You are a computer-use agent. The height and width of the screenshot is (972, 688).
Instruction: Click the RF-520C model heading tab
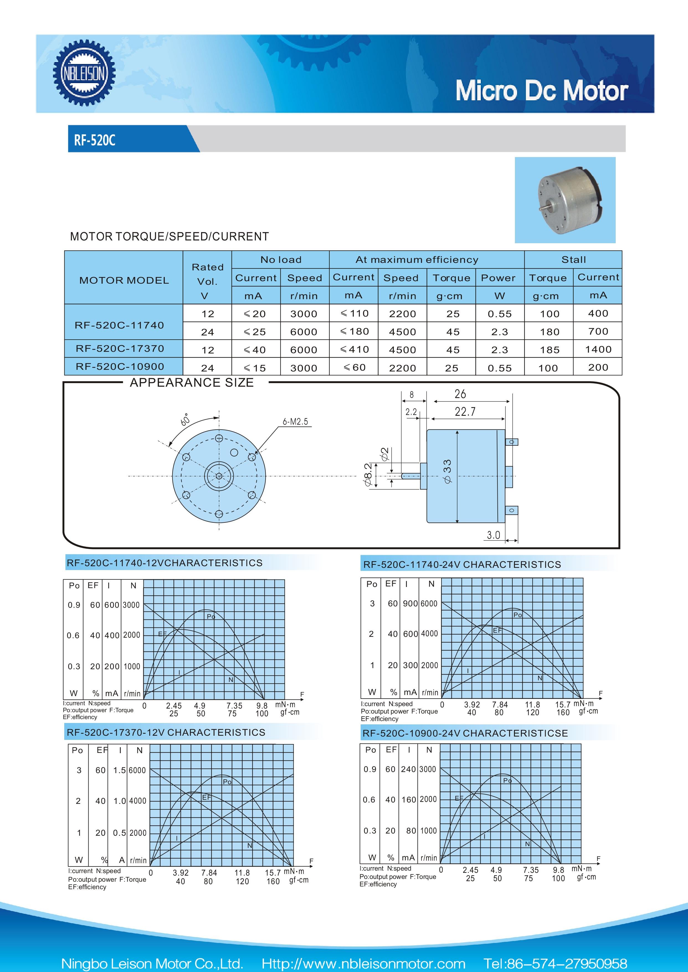(x=95, y=140)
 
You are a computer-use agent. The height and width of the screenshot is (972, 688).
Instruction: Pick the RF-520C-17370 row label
(x=120, y=349)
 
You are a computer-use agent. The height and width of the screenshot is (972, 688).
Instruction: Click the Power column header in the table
(x=498, y=278)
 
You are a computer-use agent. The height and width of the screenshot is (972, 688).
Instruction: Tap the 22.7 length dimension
(x=465, y=411)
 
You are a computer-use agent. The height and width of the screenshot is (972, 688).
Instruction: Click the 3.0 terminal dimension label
(x=493, y=535)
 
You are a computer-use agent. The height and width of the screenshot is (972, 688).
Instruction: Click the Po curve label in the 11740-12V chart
(x=210, y=617)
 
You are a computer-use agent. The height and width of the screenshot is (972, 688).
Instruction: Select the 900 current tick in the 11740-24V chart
(x=410, y=603)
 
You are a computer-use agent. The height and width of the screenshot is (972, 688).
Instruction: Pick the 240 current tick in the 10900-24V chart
(x=408, y=769)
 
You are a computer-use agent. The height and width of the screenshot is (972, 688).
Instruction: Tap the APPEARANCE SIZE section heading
(x=191, y=383)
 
